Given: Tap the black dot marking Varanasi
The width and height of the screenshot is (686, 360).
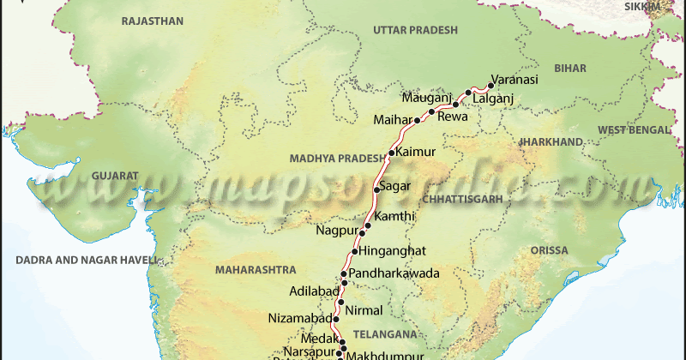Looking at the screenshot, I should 490,85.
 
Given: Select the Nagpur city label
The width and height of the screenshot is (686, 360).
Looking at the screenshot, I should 335,231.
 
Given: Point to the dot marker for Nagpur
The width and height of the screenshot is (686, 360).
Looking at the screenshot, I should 362,232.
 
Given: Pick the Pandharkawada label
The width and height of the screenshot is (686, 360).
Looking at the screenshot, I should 394,273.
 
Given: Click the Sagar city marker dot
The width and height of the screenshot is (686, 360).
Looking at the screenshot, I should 376,189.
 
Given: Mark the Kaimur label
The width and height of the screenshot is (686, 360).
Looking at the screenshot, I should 416,152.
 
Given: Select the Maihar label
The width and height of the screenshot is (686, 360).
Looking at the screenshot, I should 391,119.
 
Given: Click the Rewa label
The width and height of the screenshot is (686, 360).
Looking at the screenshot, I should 453,117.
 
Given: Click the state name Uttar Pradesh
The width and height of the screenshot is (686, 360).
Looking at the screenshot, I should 415,30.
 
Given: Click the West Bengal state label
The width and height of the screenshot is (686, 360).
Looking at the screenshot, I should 634,129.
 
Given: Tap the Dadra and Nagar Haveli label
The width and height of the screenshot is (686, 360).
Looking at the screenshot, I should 79,259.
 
